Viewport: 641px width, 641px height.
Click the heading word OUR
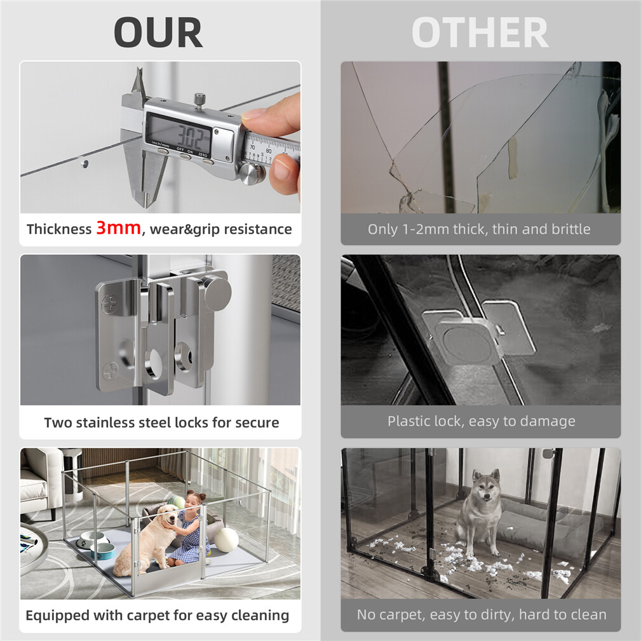coord(158,32)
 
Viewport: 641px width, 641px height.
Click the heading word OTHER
coord(480,32)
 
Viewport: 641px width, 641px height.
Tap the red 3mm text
coord(119,227)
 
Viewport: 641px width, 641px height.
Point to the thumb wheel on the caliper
coord(250,173)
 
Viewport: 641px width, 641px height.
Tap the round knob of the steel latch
coord(217,292)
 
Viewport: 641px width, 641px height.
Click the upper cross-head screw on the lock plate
coord(109,304)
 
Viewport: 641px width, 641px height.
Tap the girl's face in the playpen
coord(191,502)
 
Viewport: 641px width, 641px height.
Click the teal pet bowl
coord(103,550)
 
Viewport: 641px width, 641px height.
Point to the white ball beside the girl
coord(226,539)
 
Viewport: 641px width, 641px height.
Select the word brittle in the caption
coord(570,229)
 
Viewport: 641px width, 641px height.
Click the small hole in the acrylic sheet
coord(84,163)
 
